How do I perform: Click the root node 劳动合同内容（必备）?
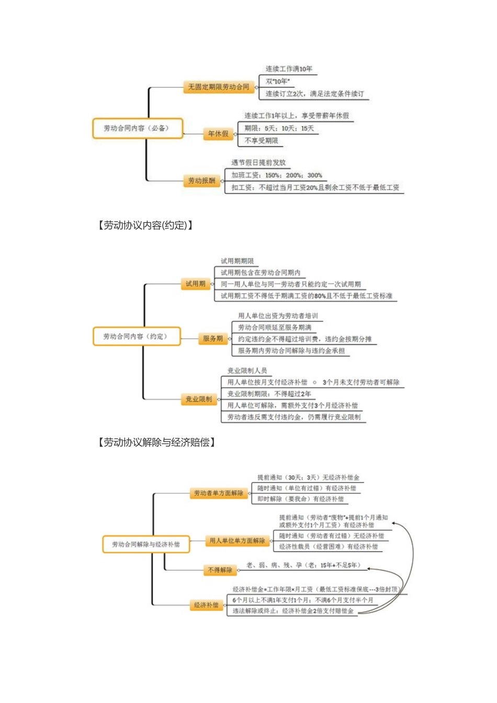click(x=138, y=128)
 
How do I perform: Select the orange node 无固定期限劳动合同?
click(x=219, y=87)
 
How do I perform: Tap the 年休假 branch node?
click(x=218, y=134)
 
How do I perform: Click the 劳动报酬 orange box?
click(x=201, y=181)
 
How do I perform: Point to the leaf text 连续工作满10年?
click(x=289, y=69)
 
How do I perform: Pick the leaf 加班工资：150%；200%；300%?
click(x=277, y=175)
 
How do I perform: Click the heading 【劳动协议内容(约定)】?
click(x=145, y=225)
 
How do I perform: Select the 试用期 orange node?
click(x=196, y=284)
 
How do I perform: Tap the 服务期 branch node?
click(x=212, y=339)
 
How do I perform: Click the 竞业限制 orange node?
click(x=199, y=400)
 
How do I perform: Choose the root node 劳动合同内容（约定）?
click(x=136, y=336)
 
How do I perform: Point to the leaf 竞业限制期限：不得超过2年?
click(x=269, y=394)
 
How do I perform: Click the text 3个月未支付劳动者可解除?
click(x=361, y=382)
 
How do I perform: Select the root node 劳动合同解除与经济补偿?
click(x=146, y=545)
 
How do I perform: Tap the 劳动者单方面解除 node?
click(x=219, y=493)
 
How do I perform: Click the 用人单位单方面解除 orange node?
click(x=237, y=541)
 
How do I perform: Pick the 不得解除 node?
click(x=220, y=570)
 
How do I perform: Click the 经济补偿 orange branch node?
click(x=206, y=605)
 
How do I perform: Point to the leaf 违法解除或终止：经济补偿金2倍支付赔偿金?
click(x=293, y=611)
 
